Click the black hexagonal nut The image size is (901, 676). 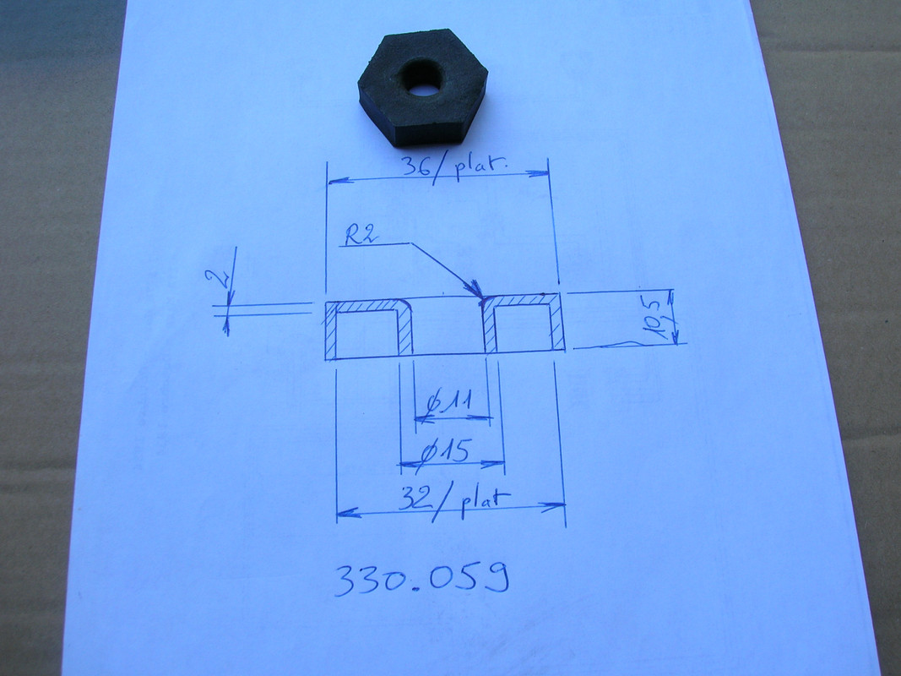tap(423, 86)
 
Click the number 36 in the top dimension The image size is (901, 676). tap(415, 166)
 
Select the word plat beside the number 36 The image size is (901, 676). tap(480, 168)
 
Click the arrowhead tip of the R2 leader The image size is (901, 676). tap(481, 297)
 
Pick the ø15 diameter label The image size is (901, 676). tap(446, 450)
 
